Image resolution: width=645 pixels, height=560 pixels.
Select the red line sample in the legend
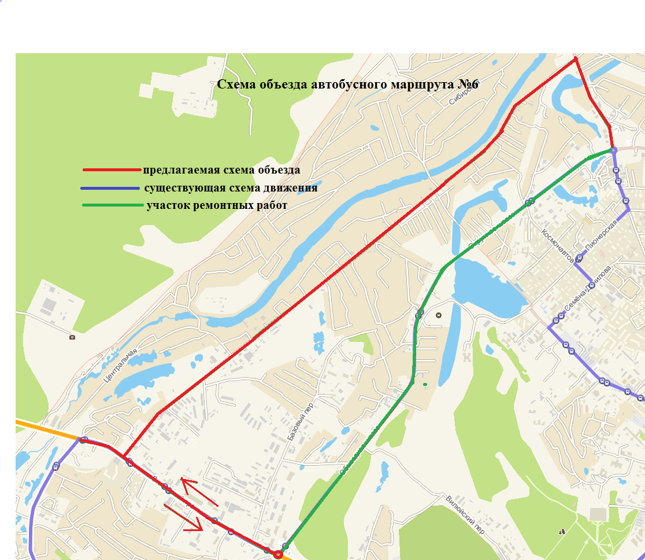click(112, 170)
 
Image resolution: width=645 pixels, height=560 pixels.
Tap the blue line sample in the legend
click(110, 189)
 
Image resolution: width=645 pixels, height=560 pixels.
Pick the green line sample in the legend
click(112, 205)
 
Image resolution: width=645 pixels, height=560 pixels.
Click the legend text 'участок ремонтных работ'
click(217, 205)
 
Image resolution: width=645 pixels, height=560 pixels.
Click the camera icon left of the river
click(72, 337)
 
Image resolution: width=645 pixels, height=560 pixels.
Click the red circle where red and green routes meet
click(278, 554)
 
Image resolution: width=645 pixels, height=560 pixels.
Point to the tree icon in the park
click(562, 530)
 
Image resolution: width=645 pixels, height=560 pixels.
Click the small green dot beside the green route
click(425, 384)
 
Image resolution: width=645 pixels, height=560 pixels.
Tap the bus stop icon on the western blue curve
click(56, 466)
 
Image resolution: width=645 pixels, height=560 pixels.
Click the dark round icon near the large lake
click(438, 315)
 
